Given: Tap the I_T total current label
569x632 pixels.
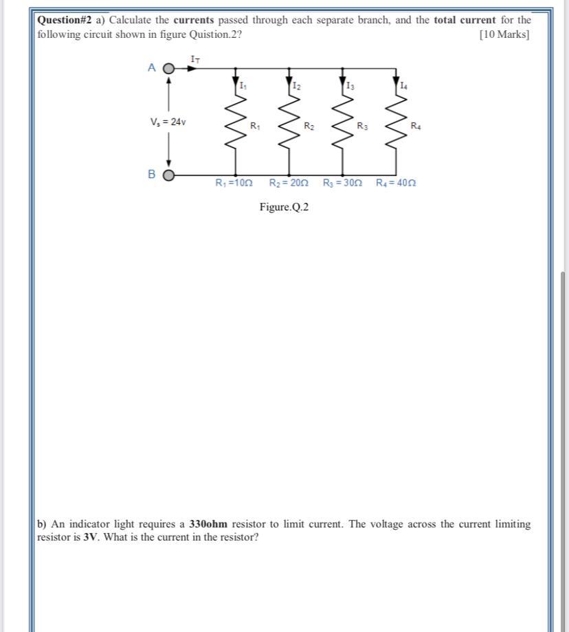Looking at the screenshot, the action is click(x=195, y=61).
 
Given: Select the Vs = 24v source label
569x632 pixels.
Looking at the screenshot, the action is click(x=168, y=122).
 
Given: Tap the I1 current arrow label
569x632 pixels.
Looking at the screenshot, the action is click(x=243, y=86).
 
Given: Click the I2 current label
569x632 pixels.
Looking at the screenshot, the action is click(x=296, y=86).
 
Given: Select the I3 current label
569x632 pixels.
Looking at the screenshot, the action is click(x=350, y=86).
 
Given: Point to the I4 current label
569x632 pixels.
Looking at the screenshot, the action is click(x=403, y=86).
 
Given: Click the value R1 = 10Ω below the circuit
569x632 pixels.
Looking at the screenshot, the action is click(x=234, y=184).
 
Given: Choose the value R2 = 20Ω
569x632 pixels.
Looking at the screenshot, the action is click(x=289, y=184).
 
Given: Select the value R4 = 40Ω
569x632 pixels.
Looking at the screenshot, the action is click(x=396, y=184).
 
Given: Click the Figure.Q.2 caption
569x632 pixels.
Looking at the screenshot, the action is click(x=284, y=207).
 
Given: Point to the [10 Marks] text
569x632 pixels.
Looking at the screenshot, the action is click(x=504, y=34).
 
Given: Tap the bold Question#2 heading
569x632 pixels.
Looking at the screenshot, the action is click(x=65, y=20).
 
